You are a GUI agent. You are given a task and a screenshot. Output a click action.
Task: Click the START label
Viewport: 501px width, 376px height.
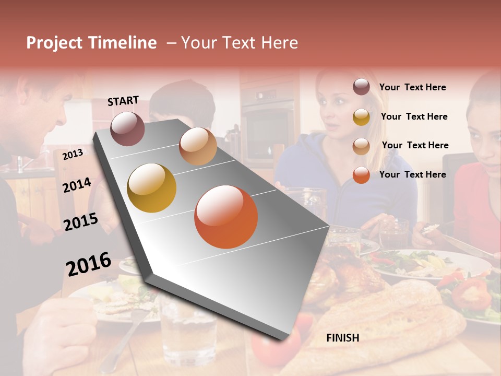point(123,101)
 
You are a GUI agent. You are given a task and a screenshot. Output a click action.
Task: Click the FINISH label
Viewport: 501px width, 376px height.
point(342,338)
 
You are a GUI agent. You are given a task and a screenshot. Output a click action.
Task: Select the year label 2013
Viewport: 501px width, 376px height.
point(73,154)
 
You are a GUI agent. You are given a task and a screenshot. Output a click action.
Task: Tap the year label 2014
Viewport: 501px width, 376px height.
point(77,185)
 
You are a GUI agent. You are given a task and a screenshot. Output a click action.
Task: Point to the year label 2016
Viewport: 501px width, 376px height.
point(89,264)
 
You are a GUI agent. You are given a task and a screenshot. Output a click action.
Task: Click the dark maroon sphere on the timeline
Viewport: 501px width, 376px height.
point(127,128)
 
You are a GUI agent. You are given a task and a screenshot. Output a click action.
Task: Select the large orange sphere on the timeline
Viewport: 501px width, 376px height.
point(226,217)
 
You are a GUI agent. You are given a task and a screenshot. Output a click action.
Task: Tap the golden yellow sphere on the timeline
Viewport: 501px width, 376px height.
point(152,188)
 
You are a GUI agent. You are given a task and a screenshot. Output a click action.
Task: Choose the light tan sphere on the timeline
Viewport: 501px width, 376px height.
point(198,146)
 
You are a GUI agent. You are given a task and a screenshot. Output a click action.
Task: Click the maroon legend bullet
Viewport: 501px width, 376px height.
point(361,87)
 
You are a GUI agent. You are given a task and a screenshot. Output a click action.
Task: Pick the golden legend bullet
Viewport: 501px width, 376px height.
point(361,117)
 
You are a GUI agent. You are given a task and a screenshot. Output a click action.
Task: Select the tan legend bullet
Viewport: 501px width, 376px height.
point(361,146)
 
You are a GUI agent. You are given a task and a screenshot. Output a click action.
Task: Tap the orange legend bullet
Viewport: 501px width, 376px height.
point(361,175)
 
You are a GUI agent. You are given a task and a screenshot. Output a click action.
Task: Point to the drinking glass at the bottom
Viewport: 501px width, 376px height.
point(188,334)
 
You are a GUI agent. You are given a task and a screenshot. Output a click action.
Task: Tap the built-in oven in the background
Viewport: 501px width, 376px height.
point(268,125)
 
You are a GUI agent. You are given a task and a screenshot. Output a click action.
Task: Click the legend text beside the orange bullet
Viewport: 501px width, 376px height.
point(412,174)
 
